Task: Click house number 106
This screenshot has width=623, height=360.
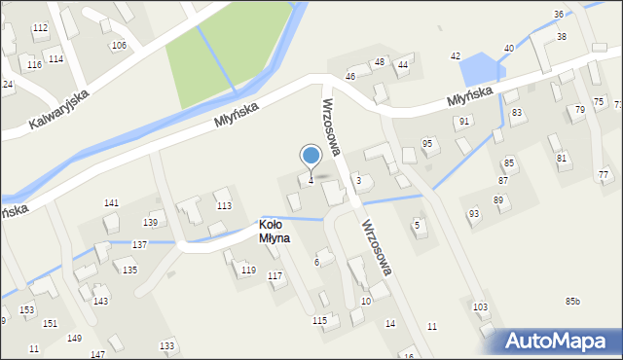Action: (x=119, y=46)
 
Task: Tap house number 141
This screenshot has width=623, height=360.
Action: (x=112, y=202)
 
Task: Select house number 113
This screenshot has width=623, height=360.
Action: (x=224, y=205)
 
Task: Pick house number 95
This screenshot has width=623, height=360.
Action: (x=426, y=143)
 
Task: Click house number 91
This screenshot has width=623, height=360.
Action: (x=464, y=121)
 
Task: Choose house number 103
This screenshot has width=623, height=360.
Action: (x=480, y=306)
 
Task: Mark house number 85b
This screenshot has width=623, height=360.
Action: (x=572, y=301)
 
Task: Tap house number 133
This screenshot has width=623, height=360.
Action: (x=167, y=345)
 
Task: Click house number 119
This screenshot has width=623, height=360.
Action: (x=248, y=270)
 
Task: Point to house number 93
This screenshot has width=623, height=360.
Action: (x=474, y=213)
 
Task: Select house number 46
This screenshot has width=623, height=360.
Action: (x=350, y=76)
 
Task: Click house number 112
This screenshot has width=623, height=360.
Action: (x=40, y=28)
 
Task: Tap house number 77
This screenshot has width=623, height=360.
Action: (x=604, y=174)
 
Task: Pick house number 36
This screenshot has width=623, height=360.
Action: (x=559, y=14)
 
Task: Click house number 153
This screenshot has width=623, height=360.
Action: (x=27, y=309)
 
